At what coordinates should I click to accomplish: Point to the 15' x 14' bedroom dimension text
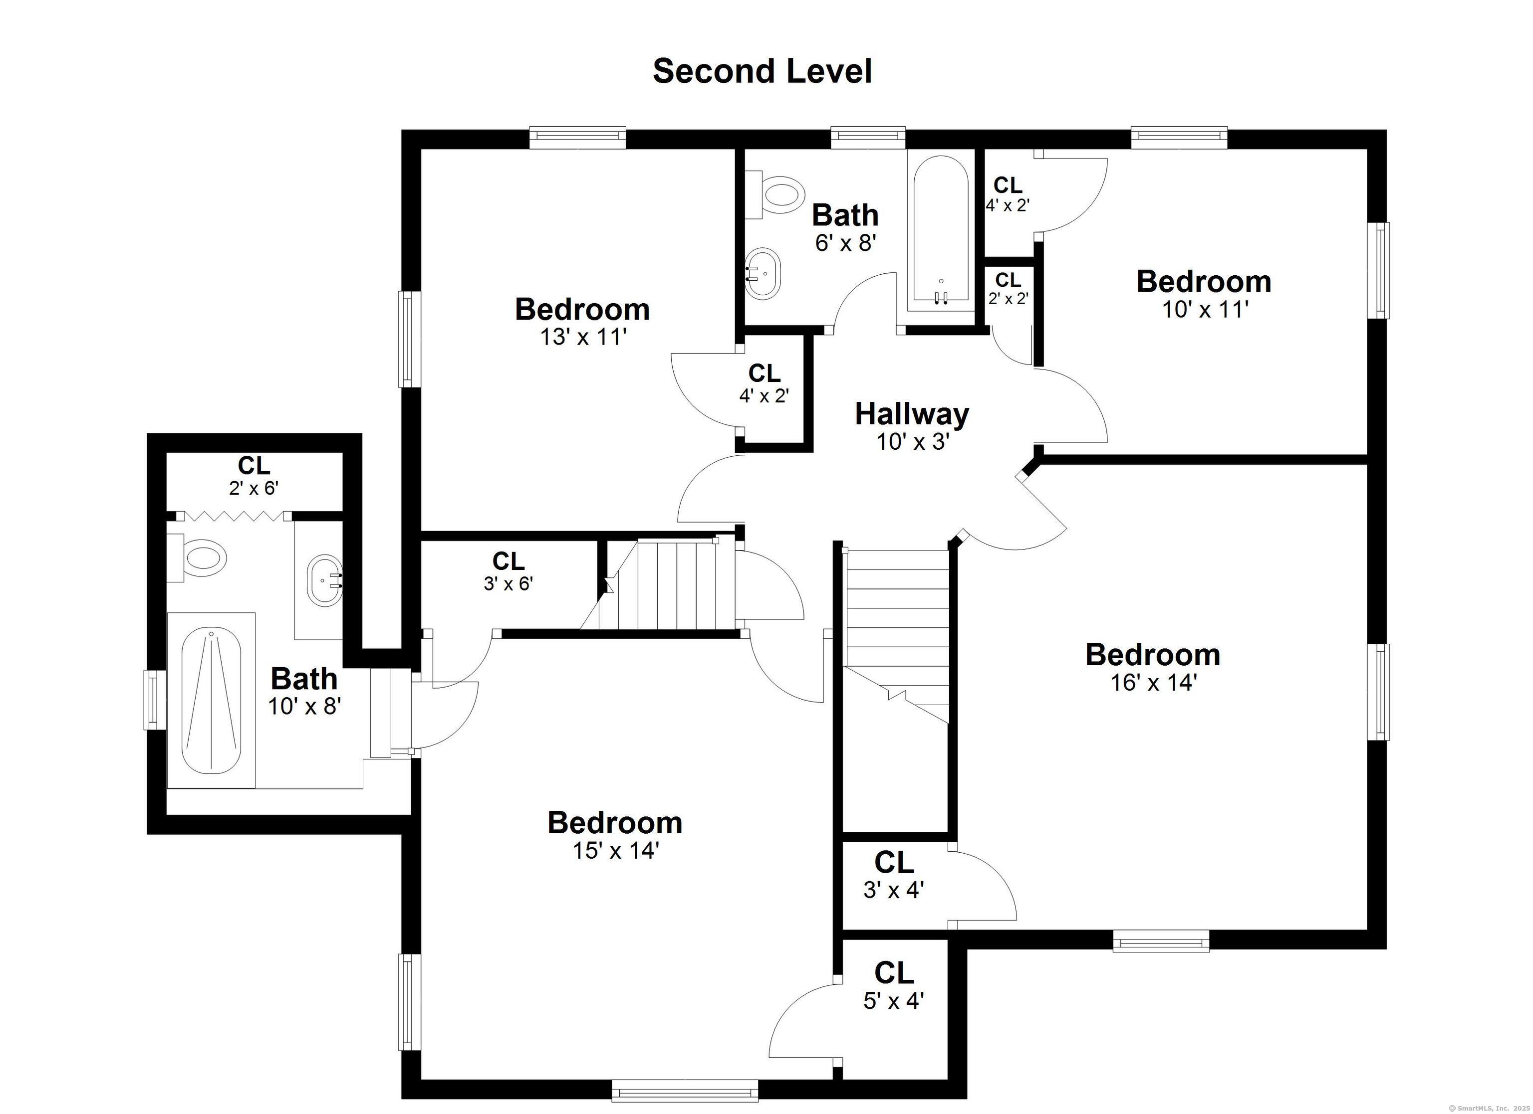(x=615, y=851)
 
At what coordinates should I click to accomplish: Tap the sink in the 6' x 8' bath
(x=763, y=274)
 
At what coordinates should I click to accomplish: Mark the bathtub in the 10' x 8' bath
(x=212, y=700)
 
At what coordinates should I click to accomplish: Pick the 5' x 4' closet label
(x=894, y=987)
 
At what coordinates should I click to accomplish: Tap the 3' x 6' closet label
(x=509, y=571)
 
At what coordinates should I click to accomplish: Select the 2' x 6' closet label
(x=254, y=476)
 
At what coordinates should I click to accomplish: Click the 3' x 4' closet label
(x=894, y=876)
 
